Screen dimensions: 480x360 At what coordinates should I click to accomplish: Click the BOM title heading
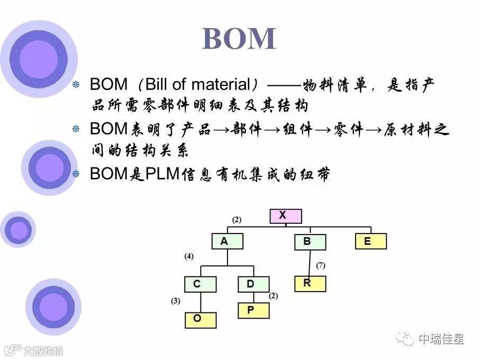239,39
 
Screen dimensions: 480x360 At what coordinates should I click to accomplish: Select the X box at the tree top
285,216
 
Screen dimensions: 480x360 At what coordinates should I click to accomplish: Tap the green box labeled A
227,241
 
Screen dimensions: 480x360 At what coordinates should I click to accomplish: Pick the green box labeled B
310,242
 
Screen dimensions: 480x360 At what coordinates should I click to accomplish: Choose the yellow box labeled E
370,241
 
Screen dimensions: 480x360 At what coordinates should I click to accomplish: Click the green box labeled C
200,284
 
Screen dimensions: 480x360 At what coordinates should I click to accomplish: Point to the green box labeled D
253,284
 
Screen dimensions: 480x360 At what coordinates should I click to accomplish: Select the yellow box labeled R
310,283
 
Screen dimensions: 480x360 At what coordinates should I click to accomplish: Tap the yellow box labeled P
253,310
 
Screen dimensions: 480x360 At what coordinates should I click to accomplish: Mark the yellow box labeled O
200,319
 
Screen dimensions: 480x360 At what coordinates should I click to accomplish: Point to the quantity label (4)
189,256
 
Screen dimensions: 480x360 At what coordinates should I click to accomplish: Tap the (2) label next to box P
274,296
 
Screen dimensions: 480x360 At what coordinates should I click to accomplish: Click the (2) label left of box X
236,219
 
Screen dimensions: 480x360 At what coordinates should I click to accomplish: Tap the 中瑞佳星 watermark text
441,338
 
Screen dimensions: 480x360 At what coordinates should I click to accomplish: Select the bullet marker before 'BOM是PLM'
76,173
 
